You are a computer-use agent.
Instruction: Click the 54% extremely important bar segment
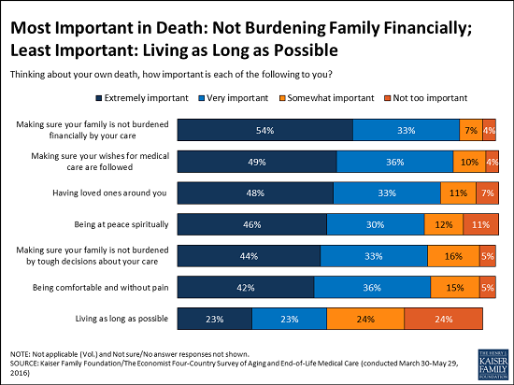264,131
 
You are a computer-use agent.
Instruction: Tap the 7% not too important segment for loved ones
488,192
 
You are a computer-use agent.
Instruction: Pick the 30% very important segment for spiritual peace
375,224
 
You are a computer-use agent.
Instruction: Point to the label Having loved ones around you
121,192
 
